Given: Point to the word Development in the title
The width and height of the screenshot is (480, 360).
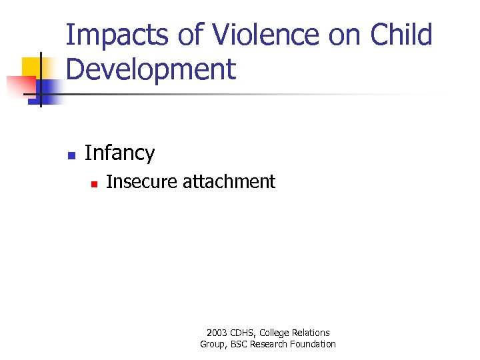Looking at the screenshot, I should [x=151, y=69].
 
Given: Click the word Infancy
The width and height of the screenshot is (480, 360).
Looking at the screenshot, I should [x=120, y=153].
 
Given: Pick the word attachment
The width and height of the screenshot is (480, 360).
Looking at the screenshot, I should [x=229, y=181].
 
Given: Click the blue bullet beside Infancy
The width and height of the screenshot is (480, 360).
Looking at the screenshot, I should [x=71, y=155].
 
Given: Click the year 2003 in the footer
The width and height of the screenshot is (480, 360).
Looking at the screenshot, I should [x=217, y=333].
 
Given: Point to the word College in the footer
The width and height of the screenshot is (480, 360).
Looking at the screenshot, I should [x=276, y=333].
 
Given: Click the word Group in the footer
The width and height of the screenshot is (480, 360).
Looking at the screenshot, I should [x=213, y=344].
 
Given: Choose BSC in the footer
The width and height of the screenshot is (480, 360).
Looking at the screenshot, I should [x=238, y=344].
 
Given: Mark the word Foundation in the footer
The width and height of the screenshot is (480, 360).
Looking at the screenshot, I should [x=313, y=344].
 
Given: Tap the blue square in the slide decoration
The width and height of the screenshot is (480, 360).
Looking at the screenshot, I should [x=50, y=89].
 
